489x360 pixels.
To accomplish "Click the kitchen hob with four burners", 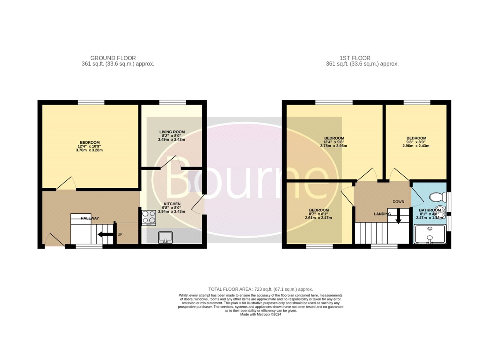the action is click(149, 218).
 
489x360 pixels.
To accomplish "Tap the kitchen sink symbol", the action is click(165, 237).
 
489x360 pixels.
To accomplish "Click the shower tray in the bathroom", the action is click(430, 234).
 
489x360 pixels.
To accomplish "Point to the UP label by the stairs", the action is click(120, 234).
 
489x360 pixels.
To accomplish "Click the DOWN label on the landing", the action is click(399, 201).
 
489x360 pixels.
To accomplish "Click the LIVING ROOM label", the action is click(172, 132).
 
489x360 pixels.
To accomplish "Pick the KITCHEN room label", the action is click(172, 204).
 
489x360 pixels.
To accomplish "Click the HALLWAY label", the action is click(90, 218).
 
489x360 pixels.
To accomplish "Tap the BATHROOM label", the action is click(430, 210).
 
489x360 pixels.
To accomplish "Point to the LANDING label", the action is click(382, 214).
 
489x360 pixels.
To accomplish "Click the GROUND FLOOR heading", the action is click(113, 58).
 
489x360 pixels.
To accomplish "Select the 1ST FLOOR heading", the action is click(355, 58).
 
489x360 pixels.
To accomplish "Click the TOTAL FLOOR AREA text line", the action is click(261, 289).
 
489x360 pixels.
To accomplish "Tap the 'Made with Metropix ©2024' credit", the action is click(261, 314).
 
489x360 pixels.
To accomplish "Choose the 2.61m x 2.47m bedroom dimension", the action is click(318, 218).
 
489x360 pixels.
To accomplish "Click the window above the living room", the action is click(172, 102).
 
